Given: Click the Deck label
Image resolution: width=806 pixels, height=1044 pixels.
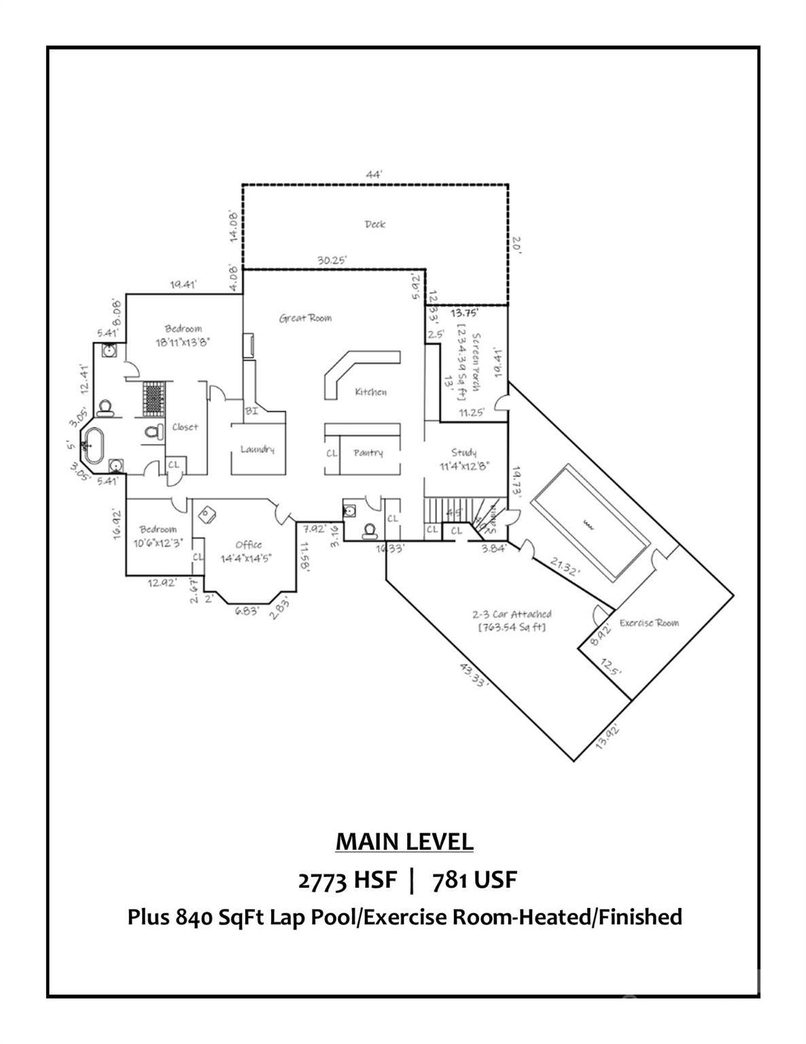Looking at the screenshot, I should [x=374, y=224].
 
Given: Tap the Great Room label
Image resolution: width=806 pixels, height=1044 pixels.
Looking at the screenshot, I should [x=305, y=317].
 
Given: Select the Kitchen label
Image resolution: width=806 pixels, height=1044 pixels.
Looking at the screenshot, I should [x=370, y=391].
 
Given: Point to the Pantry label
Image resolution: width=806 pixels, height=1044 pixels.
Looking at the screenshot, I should [x=368, y=453].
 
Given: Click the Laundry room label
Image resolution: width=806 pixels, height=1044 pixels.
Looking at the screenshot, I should [x=257, y=449].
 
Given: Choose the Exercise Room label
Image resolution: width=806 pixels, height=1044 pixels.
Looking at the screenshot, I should [x=648, y=623].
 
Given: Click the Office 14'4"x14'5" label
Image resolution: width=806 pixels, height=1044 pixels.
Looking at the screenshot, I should [x=249, y=551].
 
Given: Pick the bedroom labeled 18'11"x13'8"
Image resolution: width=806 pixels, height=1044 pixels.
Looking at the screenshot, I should [x=183, y=336].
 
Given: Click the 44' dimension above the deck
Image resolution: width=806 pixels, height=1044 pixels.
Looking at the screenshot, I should [x=374, y=175].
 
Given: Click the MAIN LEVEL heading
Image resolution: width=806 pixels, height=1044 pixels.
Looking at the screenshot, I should [x=404, y=841].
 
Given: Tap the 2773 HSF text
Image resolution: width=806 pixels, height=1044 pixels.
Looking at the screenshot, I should [x=347, y=880].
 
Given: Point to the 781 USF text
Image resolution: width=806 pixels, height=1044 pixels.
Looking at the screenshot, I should [x=474, y=880].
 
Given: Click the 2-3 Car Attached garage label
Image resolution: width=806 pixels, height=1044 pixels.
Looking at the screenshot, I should [x=512, y=620].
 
